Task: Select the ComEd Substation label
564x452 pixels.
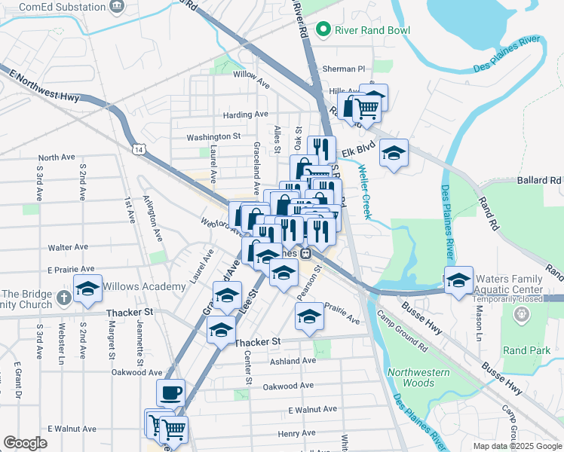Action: point(53,6)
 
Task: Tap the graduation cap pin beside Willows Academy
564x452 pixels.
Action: point(87,289)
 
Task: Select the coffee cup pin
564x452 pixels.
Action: point(170,392)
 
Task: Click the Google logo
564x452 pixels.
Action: point(25,443)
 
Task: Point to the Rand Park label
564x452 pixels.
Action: point(526,351)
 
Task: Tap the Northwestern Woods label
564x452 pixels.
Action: point(418,377)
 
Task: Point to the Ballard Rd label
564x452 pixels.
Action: point(540,181)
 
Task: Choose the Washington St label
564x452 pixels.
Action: point(213,137)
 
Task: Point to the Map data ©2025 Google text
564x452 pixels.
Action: point(516,446)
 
